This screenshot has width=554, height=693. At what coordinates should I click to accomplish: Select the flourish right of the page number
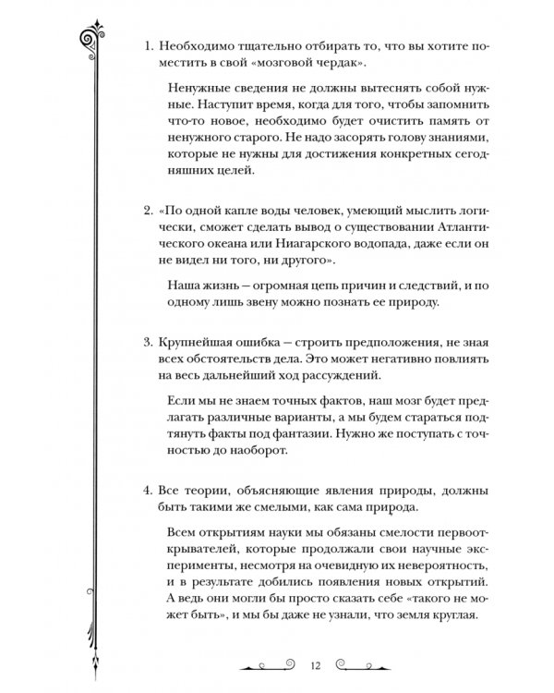[x=362, y=664]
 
